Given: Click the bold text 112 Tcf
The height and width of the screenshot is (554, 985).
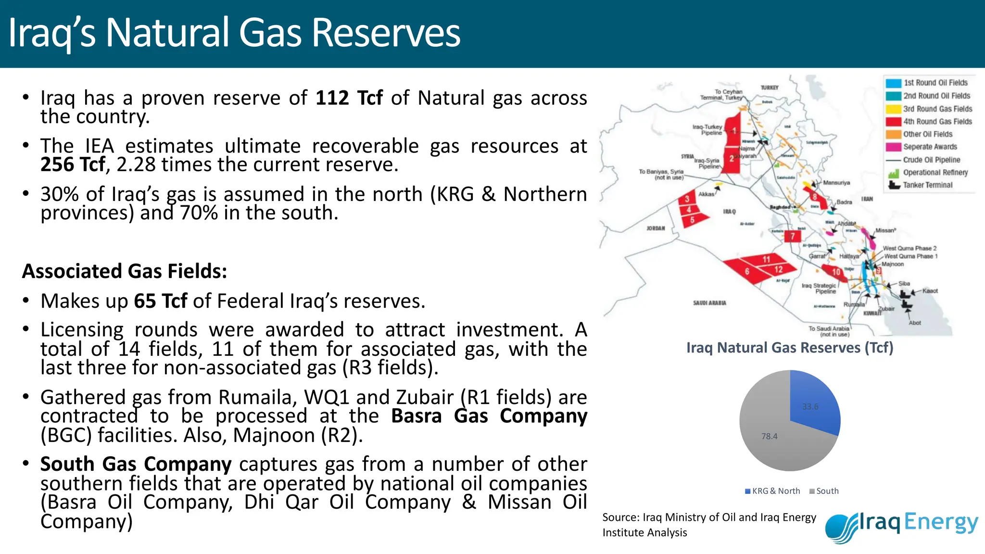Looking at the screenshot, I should tap(349, 98).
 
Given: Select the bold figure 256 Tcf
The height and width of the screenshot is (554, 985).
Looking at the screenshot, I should tap(73, 165).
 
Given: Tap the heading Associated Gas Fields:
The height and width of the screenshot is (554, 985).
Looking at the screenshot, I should tap(125, 271).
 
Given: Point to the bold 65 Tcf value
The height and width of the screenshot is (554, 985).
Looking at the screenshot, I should tap(161, 302).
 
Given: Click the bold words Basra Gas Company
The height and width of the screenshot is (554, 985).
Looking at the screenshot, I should tap(489, 416).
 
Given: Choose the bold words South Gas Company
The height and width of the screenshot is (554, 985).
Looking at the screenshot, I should tap(136, 464).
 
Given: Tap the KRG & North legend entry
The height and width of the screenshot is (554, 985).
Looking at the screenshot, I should tap(772, 491).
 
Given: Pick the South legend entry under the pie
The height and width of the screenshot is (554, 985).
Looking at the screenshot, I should tap(824, 491).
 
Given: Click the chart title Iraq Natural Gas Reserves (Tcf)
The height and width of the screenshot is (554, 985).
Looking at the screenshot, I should tap(790, 348).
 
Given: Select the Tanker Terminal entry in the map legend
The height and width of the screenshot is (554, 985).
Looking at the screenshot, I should tap(927, 185).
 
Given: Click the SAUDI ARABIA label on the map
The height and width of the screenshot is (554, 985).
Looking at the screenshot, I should tap(709, 303).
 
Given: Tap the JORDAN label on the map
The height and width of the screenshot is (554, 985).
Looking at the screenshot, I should tap(656, 228).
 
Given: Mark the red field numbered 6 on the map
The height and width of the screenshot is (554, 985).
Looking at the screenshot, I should tap(746, 271).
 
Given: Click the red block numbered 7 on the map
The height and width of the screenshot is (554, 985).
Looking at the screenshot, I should tap(792, 236).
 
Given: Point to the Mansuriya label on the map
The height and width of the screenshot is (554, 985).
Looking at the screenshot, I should tap(836, 183).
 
